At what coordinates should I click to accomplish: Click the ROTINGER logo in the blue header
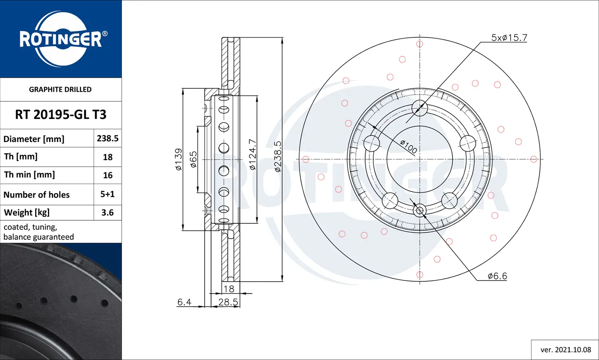pos(61,39)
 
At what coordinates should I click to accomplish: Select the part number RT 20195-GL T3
pos(61,115)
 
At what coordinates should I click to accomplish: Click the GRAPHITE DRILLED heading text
pos(60,89)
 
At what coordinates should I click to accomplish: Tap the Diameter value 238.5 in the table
pos(107,138)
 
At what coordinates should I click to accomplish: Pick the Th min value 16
pos(107,175)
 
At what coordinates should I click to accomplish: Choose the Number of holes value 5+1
pos(107,194)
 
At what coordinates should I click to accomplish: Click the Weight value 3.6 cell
pos(107,213)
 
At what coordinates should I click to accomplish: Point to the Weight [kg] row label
pos(27,213)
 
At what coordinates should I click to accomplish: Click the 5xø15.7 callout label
pos(509,38)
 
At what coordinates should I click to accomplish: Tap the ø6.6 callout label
pos(497,276)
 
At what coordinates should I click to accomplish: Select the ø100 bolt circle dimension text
pos(409,147)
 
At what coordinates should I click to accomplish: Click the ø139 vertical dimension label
pos(179,160)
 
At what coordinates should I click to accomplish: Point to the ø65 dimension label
pos(193,159)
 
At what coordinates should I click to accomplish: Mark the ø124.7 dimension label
pos(252,155)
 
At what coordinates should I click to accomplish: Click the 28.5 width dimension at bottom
pos(228,302)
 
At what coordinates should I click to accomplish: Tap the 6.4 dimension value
pos(184,302)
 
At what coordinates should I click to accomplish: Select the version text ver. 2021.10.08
pos(565,350)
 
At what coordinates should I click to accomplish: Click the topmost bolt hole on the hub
pos(420,108)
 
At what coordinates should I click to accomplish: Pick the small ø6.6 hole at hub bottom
pos(420,211)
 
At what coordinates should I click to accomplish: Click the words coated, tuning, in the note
pos(30,227)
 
